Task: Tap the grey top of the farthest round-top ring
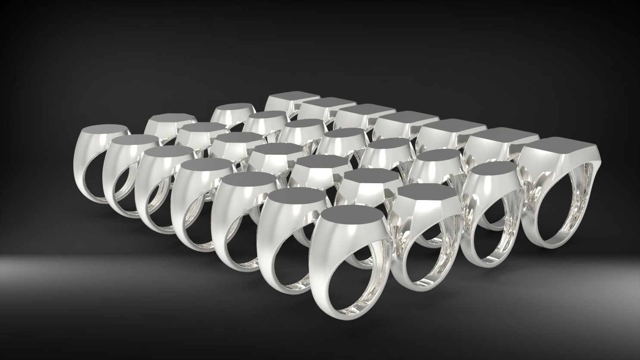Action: (x=233, y=108)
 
